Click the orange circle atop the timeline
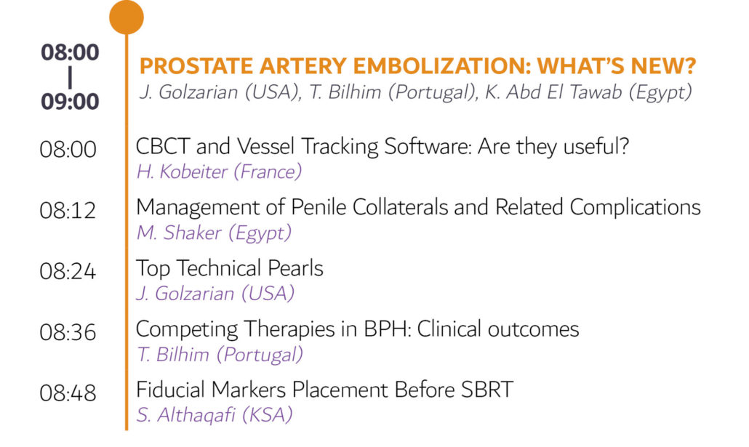point(127,17)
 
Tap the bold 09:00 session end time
point(70,101)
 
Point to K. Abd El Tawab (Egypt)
point(588,92)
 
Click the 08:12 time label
point(68,210)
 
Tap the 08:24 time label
point(68,271)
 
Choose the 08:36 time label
point(68,332)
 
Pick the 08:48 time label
point(68,392)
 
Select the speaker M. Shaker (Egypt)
point(214,233)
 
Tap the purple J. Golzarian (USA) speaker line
point(215,293)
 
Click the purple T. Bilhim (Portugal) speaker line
point(220,355)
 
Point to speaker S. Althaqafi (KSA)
point(215,415)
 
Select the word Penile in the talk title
point(319,207)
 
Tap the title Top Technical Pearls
point(230,268)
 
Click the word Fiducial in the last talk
point(171,390)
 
